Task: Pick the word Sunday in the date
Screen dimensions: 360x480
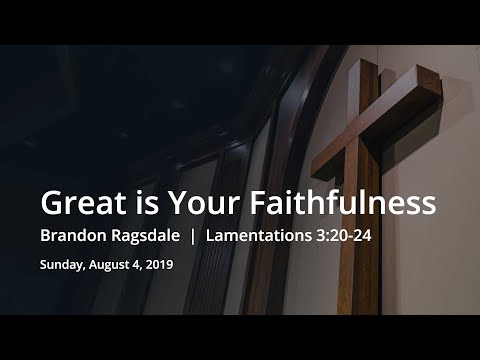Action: (61, 266)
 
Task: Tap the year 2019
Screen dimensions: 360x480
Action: (159, 266)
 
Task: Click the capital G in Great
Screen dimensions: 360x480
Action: (52, 203)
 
